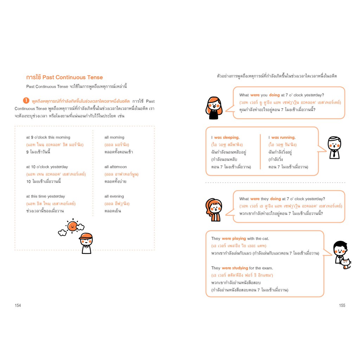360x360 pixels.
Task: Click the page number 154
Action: coord(18,306)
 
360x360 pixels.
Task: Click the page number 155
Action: coord(342,306)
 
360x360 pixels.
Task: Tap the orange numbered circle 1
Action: coord(26,101)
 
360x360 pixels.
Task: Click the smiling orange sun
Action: coord(72,226)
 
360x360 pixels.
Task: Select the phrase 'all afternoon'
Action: coord(115,167)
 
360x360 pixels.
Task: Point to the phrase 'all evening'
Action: coord(114,196)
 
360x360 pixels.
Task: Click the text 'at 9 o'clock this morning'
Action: coord(48,137)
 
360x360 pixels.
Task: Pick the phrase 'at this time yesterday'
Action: coord(45,196)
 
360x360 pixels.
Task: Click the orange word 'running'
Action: coord(287,137)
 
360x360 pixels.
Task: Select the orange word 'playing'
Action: coord(239,239)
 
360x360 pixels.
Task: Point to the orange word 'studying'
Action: coord(240,268)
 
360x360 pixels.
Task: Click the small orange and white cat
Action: coord(346,264)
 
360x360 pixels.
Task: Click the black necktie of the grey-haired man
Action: coord(334,153)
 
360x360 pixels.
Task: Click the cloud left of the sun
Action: coord(62,233)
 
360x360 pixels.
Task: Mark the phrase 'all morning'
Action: coord(114,137)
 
